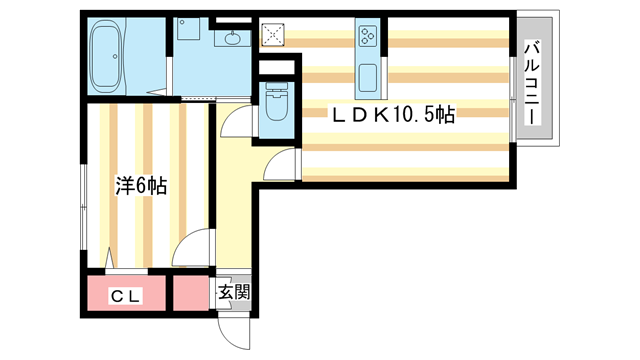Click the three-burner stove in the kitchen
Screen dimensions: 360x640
point(367,37)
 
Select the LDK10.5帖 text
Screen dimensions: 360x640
point(393,115)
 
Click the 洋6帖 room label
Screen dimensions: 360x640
point(141,185)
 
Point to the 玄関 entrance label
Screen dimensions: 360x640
point(235,294)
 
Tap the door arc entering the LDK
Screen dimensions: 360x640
point(285,162)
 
